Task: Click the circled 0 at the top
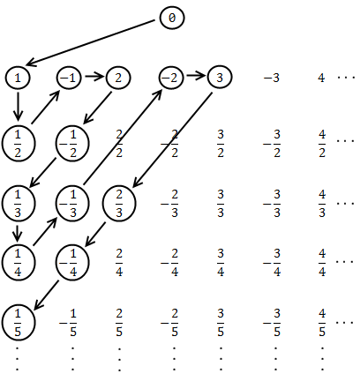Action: pos(172,18)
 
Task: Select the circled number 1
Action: pos(18,78)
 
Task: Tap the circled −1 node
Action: pos(69,78)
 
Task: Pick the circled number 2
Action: pos(118,78)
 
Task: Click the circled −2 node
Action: pos(171,78)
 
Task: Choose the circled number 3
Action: pos(220,78)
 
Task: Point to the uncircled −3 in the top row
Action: pos(271,78)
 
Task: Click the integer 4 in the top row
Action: pos(321,78)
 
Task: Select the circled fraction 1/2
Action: pos(19,144)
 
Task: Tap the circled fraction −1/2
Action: pos(72,144)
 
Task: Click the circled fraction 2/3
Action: pos(119,204)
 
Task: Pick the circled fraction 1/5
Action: pos(19,323)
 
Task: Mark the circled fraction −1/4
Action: pos(72,263)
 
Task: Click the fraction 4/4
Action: pos(322,263)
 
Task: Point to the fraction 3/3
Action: pos(221,204)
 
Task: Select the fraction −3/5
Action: pos(272,323)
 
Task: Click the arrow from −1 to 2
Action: pos(94,77)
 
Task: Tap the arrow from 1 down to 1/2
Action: pos(18,107)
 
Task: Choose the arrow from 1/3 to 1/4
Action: pos(18,233)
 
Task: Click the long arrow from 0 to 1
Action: pos(90,42)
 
